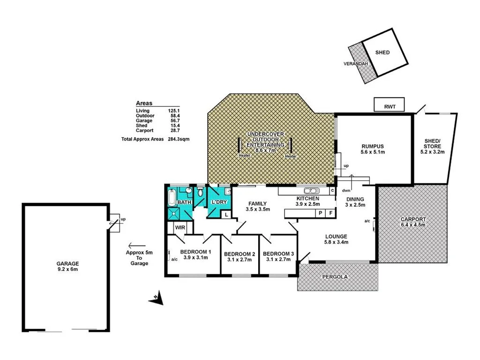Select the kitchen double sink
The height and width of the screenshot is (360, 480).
[311, 191]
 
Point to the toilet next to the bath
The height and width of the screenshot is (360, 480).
[200, 192]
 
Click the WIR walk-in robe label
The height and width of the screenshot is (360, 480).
[180, 227]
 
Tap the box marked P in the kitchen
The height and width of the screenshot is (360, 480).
[321, 213]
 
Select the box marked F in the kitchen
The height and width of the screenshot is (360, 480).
[330, 213]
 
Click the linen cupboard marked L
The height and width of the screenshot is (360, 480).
[226, 214]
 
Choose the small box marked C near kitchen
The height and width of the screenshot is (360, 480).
[332, 190]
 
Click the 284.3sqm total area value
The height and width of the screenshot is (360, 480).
[179, 139]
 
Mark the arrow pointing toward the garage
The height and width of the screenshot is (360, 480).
[136, 245]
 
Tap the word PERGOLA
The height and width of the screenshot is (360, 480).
[335, 277]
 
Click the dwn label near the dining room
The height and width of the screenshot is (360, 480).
[346, 190]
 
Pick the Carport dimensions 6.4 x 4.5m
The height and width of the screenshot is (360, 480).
[413, 225]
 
